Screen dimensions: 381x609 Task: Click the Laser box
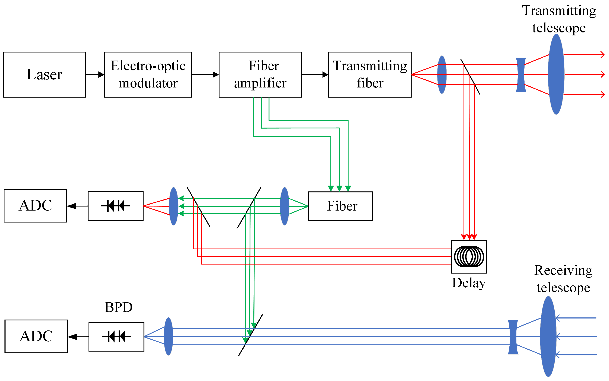tap(44, 75)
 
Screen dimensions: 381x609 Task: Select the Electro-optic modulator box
tap(148, 75)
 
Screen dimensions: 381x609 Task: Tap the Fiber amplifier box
tap(260, 75)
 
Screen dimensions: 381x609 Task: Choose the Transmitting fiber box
tap(370, 75)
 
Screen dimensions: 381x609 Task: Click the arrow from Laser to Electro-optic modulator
tap(95, 75)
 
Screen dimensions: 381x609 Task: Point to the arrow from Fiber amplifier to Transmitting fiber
tap(315, 75)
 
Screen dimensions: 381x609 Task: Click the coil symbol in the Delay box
tap(469, 256)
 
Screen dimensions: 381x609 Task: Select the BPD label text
tap(118, 307)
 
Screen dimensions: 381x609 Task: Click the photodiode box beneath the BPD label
tap(116, 336)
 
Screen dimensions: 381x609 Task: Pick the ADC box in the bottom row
tap(36, 336)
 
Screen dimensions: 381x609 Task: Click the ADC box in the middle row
tap(35, 206)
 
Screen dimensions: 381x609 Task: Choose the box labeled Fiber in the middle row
tap(340, 206)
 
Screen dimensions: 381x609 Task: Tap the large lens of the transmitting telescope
tap(556, 74)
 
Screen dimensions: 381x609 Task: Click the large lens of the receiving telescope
tap(548, 336)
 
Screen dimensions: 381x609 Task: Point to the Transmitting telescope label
tap(559, 19)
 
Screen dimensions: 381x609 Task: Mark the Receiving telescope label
tap(563, 279)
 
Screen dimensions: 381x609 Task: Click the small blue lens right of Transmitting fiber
tap(442, 75)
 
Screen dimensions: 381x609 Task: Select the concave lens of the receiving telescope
tap(513, 337)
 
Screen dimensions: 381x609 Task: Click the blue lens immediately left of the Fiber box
tap(285, 206)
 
